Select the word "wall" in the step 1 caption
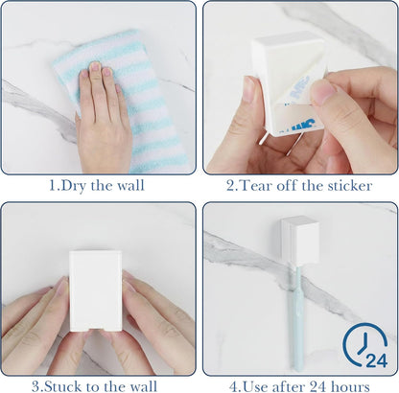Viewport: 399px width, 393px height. (x=130, y=186)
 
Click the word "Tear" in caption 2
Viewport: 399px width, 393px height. (x=255, y=186)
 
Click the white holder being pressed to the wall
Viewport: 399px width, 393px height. (x=95, y=291)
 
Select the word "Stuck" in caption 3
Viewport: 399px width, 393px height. (x=61, y=386)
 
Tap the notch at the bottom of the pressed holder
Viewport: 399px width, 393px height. (x=95, y=329)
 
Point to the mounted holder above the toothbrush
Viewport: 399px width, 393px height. (x=300, y=241)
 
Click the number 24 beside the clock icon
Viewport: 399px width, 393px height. (x=377, y=360)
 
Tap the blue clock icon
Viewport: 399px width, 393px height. (x=364, y=344)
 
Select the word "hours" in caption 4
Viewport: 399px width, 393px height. (x=350, y=386)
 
